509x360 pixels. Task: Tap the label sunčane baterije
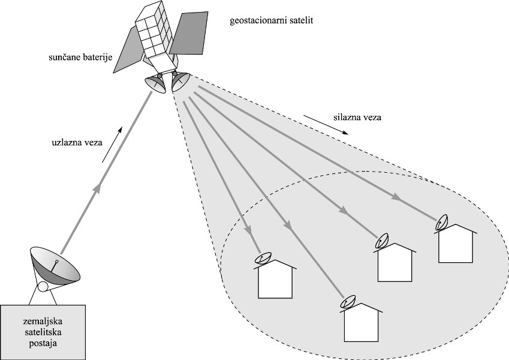click(82, 58)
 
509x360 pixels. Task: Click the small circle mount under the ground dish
click(43, 287)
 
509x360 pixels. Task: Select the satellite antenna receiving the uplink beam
click(156, 83)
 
